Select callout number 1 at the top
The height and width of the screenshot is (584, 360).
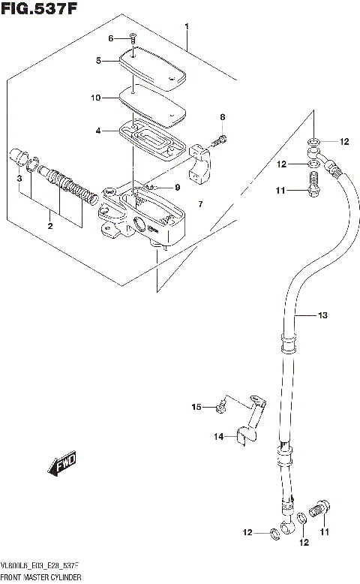[187, 27]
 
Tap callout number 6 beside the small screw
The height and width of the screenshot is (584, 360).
[112, 38]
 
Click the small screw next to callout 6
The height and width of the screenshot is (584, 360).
[132, 37]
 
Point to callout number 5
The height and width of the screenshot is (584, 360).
[97, 62]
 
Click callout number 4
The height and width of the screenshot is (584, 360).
[98, 131]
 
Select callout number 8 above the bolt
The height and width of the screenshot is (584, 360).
[222, 117]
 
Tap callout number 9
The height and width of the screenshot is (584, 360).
[178, 187]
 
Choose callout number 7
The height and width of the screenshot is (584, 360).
[200, 204]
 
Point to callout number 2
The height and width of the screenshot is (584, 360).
[49, 225]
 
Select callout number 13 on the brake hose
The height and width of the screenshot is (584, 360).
[322, 316]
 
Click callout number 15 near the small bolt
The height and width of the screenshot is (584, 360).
[196, 407]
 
